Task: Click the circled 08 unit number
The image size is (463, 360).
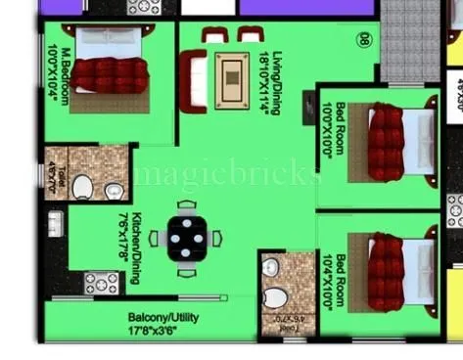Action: click(x=362, y=40)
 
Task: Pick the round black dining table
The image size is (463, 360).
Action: click(x=186, y=238)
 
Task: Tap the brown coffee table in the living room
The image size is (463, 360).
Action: click(x=232, y=70)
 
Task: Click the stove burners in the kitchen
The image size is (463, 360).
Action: click(x=100, y=285)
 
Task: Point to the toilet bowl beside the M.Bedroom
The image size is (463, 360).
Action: click(x=82, y=186)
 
